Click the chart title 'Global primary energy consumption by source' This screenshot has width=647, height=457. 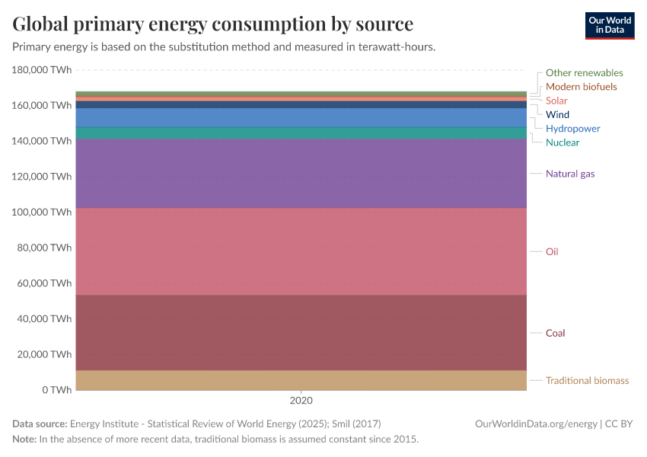213,24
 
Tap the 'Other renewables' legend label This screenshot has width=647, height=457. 584,73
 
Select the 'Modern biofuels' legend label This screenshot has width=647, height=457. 581,87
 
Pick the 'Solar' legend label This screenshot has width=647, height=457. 556,101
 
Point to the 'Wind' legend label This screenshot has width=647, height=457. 557,115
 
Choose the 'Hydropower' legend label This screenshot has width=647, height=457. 572,129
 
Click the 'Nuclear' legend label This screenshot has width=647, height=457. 563,142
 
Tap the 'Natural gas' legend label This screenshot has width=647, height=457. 570,174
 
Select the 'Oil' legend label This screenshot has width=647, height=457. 552,251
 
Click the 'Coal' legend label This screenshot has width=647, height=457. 555,333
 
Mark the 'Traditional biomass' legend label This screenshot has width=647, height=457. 587,380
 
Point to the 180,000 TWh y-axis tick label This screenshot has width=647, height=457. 42,70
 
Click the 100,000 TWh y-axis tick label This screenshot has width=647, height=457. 42,212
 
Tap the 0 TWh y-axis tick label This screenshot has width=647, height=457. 57,390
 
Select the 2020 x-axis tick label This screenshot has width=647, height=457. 301,401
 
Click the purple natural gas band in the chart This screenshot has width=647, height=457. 301,174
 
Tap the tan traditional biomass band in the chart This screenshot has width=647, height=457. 301,380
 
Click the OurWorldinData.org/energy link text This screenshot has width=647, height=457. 536,424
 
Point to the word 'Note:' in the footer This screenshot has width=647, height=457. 24,439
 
